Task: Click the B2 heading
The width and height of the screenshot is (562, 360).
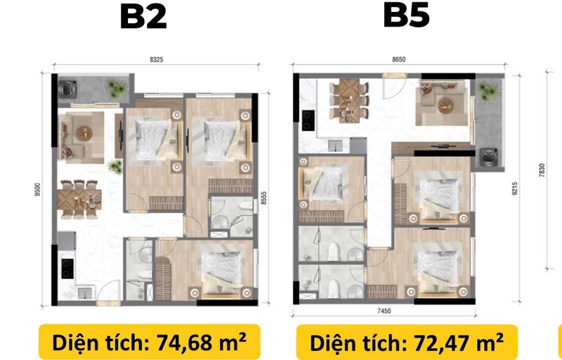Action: (x=143, y=17)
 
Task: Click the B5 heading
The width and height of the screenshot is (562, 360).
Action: (x=406, y=15)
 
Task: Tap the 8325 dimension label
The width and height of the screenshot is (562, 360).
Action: (x=156, y=60)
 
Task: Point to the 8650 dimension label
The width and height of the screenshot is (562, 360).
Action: (x=398, y=60)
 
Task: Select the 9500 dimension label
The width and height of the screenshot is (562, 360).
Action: (x=38, y=190)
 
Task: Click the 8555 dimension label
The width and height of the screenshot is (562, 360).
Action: (x=264, y=198)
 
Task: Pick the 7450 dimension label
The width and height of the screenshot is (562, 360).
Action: (x=384, y=311)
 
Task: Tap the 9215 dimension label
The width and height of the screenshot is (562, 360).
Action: (x=515, y=188)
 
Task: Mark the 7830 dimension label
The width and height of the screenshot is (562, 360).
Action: (x=542, y=171)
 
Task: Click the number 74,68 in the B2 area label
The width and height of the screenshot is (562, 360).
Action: (x=188, y=342)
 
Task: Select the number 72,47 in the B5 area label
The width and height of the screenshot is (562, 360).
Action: (x=445, y=342)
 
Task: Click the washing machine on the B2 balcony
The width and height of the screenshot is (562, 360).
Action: (x=67, y=89)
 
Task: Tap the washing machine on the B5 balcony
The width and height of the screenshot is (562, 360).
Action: (x=488, y=157)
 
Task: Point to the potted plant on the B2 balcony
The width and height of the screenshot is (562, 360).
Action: (x=117, y=88)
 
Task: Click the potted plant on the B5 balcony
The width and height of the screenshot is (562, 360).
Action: (x=488, y=91)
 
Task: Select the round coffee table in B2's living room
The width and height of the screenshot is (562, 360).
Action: (x=84, y=134)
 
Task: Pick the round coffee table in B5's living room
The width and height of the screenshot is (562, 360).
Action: (x=445, y=105)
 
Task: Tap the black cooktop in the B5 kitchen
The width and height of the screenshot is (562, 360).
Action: (x=308, y=120)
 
